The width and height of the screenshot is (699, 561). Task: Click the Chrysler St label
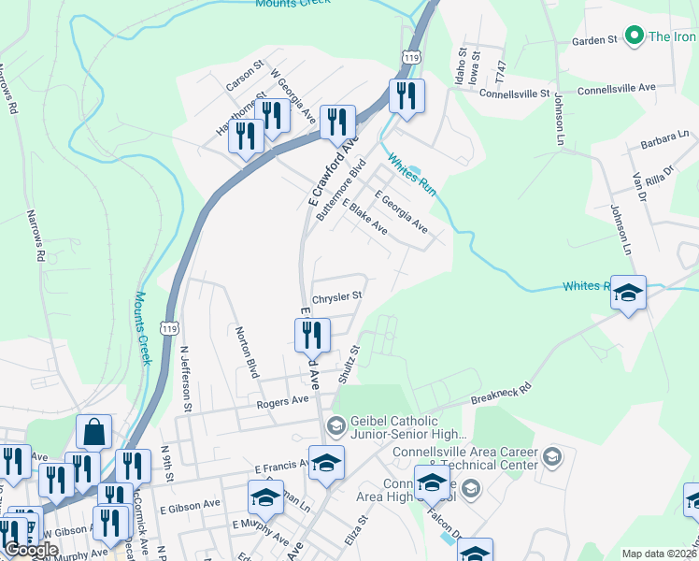(336, 295)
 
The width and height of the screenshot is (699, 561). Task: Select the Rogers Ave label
(283, 400)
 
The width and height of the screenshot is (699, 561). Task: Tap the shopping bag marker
(94, 432)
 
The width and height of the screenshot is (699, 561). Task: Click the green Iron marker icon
(635, 36)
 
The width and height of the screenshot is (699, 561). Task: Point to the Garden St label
(595, 41)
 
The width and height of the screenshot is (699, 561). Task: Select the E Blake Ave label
(364, 216)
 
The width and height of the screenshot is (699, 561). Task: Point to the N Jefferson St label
(186, 379)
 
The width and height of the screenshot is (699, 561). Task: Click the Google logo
(31, 550)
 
